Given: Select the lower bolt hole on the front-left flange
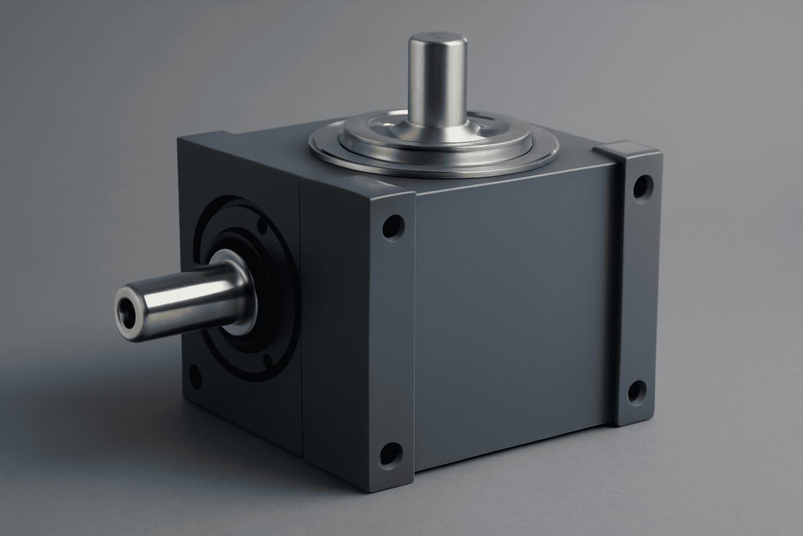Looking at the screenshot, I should (389, 453).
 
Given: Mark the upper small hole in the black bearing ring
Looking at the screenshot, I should (263, 227).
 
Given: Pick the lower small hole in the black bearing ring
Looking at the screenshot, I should (268, 361).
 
